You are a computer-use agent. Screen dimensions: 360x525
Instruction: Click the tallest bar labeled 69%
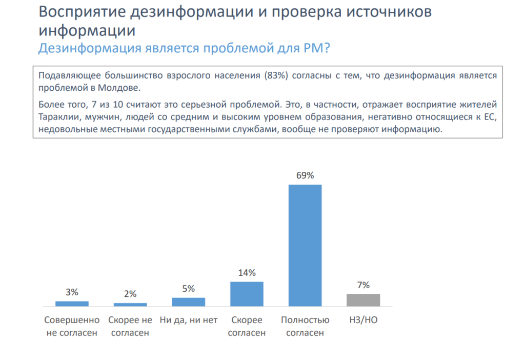click(305, 245)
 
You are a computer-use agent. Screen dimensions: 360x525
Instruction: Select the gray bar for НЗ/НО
click(363, 300)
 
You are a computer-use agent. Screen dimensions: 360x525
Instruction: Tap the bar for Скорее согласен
click(247, 294)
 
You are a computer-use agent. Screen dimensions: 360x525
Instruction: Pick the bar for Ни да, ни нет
click(188, 302)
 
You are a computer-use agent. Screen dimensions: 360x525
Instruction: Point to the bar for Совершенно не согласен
click(72, 304)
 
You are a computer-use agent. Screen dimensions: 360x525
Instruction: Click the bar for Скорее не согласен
click(130, 305)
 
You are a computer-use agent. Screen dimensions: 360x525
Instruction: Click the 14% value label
click(247, 273)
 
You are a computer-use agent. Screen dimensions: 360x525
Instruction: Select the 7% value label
click(363, 285)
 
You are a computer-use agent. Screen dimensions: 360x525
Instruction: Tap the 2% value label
click(130, 294)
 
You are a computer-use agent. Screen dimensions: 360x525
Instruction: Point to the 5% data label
click(188, 289)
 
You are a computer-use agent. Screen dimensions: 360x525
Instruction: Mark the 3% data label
click(72, 292)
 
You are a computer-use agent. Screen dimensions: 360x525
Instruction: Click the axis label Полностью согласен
click(305, 326)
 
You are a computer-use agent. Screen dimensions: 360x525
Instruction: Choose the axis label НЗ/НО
click(363, 320)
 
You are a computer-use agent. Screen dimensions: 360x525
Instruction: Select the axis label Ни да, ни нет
click(188, 320)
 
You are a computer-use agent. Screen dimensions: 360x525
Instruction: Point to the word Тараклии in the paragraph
click(57, 117)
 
